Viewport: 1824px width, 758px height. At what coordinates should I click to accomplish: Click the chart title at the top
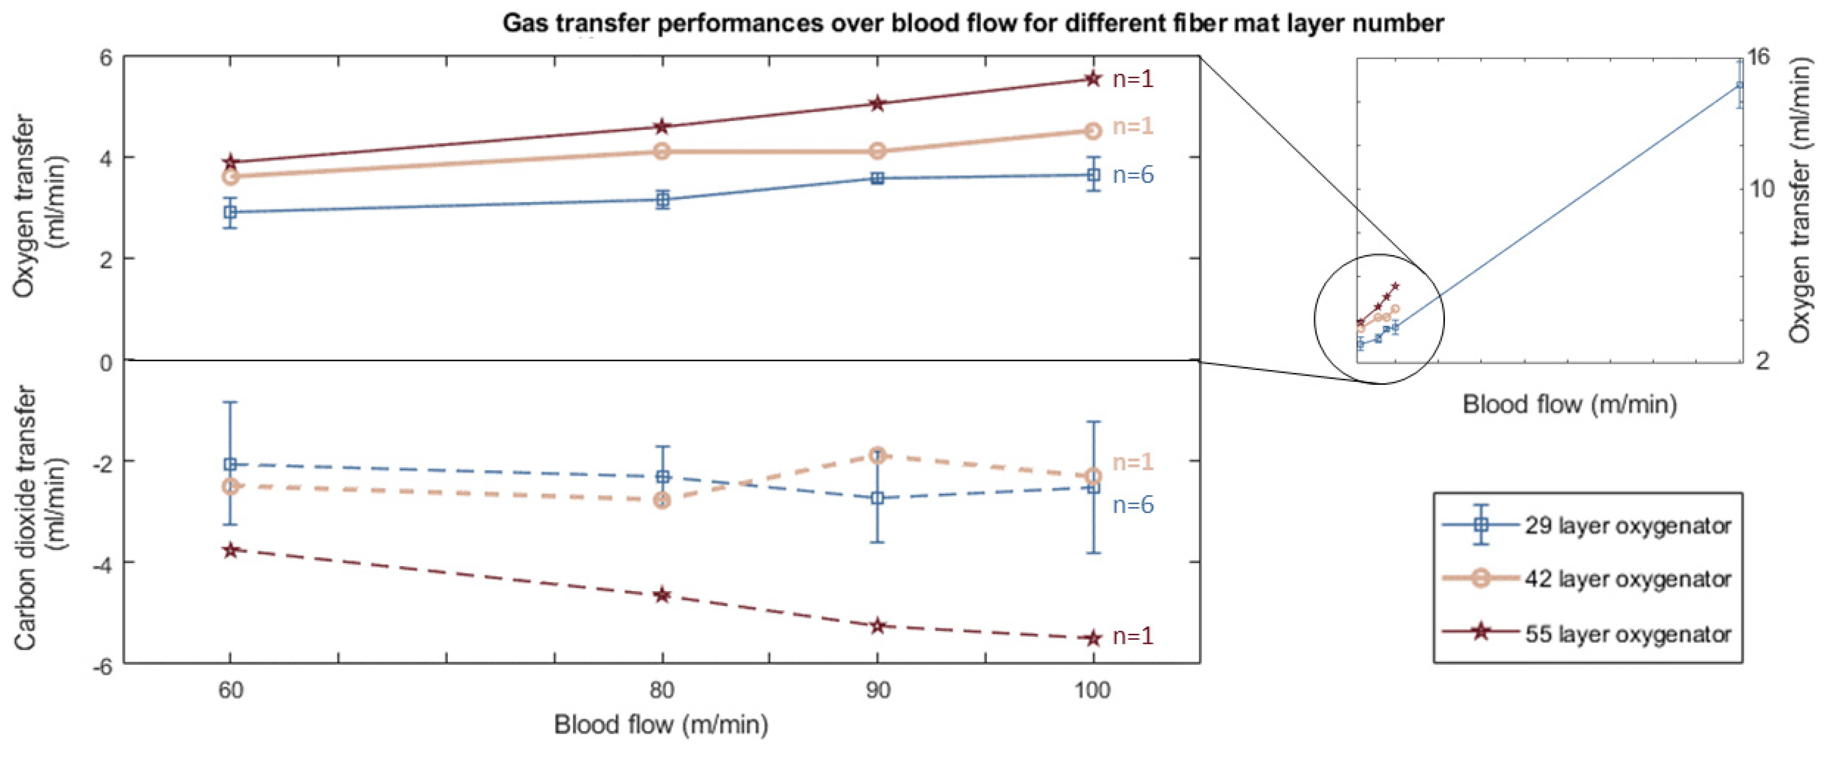973,23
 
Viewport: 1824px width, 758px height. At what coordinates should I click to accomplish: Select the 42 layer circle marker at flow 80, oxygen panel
662,151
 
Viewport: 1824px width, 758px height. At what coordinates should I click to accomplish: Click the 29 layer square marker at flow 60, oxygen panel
230,212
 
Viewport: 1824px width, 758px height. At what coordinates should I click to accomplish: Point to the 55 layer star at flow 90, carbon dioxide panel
877,626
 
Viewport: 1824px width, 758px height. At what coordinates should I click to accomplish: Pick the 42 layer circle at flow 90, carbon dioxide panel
877,456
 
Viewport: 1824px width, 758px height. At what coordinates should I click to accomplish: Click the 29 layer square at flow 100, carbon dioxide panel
1093,487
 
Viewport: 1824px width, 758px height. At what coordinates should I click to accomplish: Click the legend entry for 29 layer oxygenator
1627,526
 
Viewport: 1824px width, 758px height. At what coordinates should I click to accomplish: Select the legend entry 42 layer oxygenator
1627,579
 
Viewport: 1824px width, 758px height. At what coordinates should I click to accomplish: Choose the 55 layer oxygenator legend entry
1627,633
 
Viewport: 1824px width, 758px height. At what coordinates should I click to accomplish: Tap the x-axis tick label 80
662,690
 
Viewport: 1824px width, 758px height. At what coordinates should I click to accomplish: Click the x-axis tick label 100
1092,690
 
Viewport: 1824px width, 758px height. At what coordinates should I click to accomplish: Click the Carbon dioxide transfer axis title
41,517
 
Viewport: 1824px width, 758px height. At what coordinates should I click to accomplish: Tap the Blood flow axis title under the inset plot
1569,405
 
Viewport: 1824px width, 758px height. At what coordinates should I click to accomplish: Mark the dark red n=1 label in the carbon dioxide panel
1133,636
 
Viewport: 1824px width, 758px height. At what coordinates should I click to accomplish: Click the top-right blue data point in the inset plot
1740,85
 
